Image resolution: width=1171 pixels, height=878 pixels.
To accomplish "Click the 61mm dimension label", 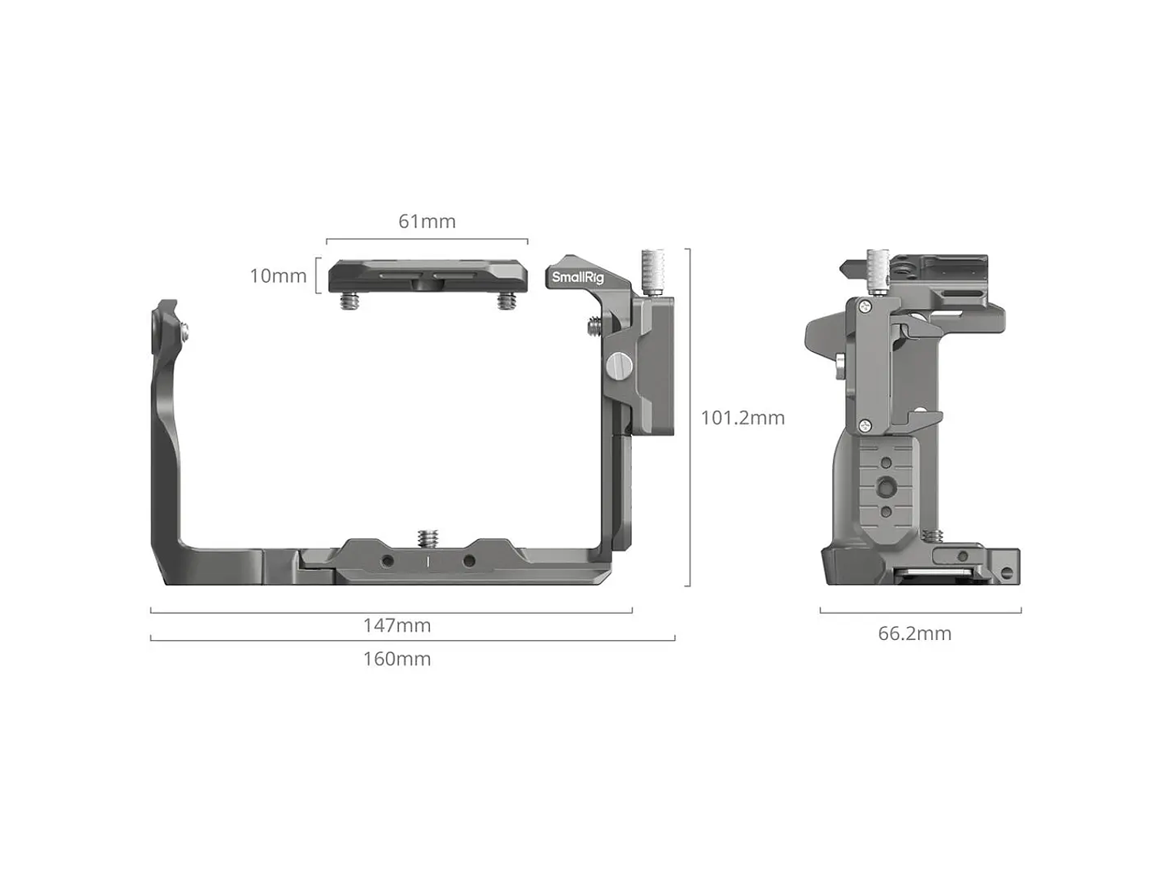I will (427, 222).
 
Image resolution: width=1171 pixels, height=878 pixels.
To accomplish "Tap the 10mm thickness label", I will (278, 276).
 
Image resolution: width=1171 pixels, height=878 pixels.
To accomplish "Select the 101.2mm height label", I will (743, 418).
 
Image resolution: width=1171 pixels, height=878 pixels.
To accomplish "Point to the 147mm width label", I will (397, 625).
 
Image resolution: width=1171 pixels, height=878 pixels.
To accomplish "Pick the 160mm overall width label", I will (397, 659).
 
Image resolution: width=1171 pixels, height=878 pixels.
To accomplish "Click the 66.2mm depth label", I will (914, 634).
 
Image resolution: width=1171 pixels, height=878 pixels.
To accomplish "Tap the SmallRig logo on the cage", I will (578, 278).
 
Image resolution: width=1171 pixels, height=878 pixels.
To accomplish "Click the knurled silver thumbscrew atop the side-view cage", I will (877, 272).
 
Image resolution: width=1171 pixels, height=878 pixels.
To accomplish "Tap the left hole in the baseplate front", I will (387, 561).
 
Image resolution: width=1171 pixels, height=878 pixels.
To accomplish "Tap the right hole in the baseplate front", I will (468, 561).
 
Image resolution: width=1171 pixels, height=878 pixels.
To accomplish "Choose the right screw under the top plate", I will (505, 303).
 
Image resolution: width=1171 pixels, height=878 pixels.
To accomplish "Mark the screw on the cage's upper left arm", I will (185, 331).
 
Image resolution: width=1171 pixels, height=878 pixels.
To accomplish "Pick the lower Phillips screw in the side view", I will (865, 424).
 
